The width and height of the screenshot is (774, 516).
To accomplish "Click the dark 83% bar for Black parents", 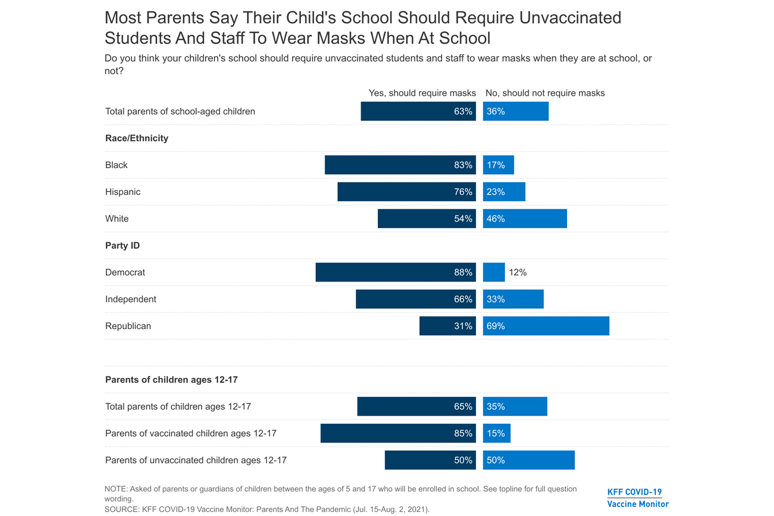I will tap(400, 165).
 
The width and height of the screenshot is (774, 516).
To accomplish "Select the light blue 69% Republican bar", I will tap(546, 326).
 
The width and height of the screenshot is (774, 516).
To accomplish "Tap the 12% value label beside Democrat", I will tap(518, 272).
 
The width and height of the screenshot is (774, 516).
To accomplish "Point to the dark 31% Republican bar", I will tap(447, 326).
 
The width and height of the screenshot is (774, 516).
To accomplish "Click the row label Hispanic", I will tap(123, 192).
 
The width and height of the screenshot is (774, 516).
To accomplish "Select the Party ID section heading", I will tap(123, 245).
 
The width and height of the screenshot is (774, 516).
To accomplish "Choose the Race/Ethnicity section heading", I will tap(136, 138).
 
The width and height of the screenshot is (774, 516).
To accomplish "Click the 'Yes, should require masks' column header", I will tap(422, 93).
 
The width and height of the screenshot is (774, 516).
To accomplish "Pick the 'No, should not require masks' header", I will tap(545, 93).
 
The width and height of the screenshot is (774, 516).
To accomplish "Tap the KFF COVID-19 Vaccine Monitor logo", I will tap(638, 498).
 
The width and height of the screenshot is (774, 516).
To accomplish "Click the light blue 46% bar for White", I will tap(525, 219).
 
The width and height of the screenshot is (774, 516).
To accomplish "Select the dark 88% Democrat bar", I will tap(395, 272).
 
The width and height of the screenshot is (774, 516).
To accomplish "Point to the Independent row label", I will tap(131, 299).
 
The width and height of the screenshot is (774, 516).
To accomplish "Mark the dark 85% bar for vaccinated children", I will tap(398, 433).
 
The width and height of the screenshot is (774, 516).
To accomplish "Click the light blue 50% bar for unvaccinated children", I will tap(529, 460).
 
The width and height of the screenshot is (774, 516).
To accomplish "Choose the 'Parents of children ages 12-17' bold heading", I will tap(171, 380).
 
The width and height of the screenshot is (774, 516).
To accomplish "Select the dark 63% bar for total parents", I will tap(418, 111).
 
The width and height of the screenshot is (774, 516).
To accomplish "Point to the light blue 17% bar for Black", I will tap(498, 165).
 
